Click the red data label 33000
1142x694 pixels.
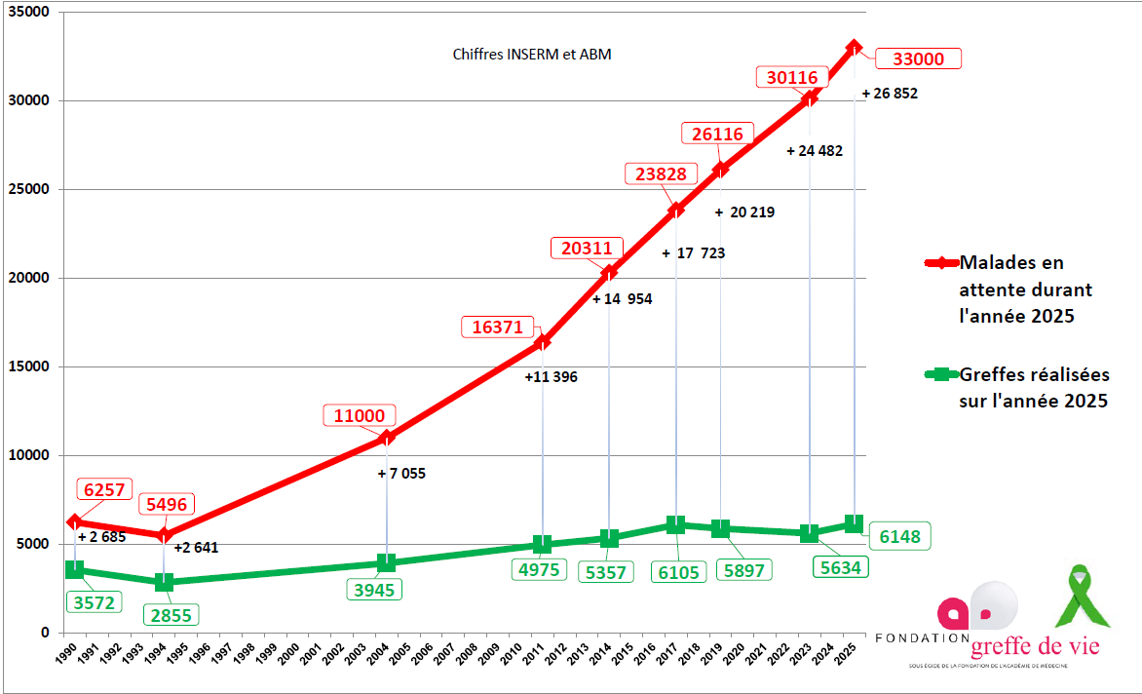pyautogui.click(x=919, y=58)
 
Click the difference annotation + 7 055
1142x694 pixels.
pyautogui.click(x=401, y=474)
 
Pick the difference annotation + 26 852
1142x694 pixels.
pyautogui.click(x=890, y=94)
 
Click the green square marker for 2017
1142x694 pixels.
pyautogui.click(x=675, y=525)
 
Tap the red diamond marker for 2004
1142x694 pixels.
pyautogui.click(x=386, y=438)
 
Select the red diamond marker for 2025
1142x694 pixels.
pyautogui.click(x=855, y=47)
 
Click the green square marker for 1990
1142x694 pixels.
pyautogui.click(x=74, y=569)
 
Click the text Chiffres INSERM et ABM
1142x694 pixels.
pyautogui.click(x=532, y=55)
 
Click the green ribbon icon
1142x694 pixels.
pyautogui.click(x=1082, y=596)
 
